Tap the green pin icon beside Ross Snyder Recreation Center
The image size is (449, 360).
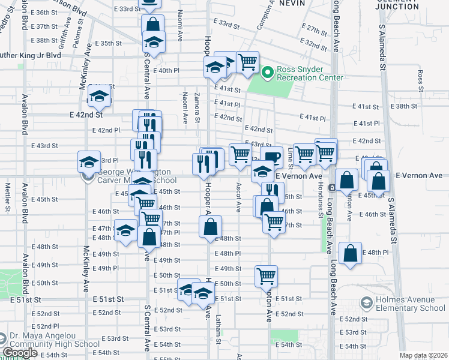point(268,73)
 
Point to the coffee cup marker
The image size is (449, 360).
point(271,157)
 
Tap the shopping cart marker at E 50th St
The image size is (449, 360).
point(266,276)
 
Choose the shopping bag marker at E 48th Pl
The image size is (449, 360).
point(350,253)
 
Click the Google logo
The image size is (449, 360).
point(20,353)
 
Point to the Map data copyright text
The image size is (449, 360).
point(423,355)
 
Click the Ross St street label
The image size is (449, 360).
point(420,77)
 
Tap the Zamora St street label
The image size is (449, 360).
point(197,108)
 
